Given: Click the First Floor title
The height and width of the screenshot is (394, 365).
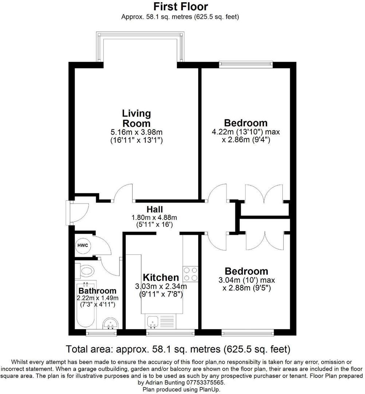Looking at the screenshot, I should [181, 7].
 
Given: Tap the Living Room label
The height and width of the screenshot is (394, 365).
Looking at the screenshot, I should [136, 118].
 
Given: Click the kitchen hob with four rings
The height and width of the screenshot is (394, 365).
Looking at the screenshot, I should [191, 274].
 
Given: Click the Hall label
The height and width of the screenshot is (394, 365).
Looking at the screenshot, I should [155, 209].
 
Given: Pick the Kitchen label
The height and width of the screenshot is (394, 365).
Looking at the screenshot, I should [161, 277].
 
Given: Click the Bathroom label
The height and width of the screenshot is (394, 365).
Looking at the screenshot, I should [97, 291].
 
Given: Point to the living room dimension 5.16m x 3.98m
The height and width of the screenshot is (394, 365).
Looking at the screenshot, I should [136, 132].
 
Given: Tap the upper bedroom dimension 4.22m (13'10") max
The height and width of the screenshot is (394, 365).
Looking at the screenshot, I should [246, 132].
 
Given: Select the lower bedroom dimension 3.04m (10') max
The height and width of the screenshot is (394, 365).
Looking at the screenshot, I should [246, 280].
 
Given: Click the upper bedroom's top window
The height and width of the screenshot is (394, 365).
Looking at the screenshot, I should [246, 65].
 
